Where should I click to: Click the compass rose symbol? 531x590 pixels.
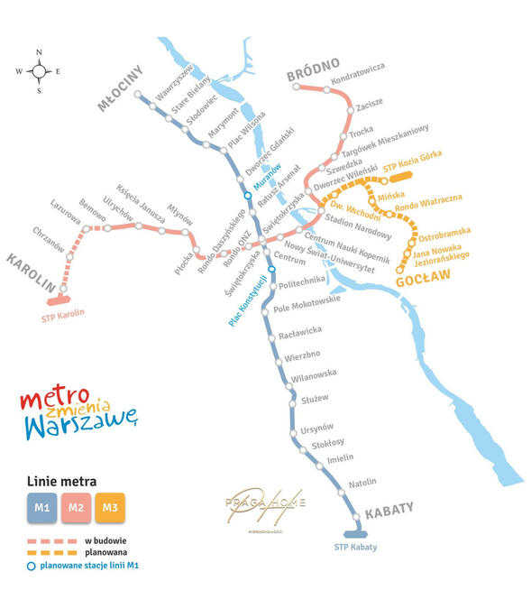(40, 69)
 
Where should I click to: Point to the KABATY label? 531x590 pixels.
(389, 511)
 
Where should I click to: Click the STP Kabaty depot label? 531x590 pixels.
(355, 548)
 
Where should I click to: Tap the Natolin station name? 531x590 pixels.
(362, 482)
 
